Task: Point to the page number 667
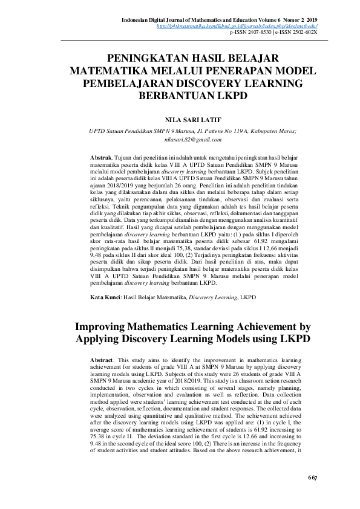pyautogui.click(x=312, y=478)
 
